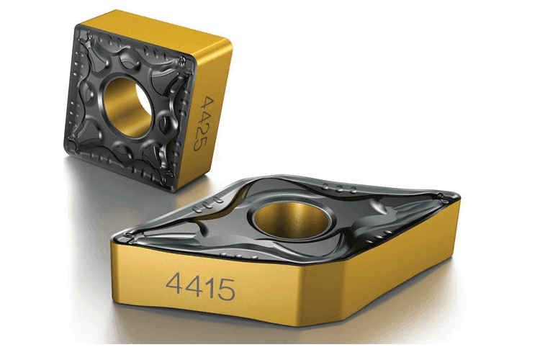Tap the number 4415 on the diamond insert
pos(201,287)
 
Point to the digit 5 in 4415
pos(227,289)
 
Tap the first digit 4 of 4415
pos(174,282)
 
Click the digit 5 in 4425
pos(199,144)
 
